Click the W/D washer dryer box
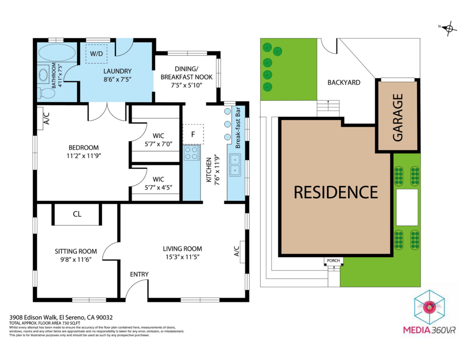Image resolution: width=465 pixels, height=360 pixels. pyautogui.click(x=96, y=54)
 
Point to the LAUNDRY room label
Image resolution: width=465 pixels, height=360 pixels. pyautogui.click(x=117, y=71)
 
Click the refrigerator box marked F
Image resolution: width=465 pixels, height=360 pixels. pyautogui.click(x=193, y=134)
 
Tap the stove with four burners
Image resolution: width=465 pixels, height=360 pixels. pyautogui.click(x=192, y=153)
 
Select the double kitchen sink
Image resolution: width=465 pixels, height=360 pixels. pyautogui.click(x=235, y=165)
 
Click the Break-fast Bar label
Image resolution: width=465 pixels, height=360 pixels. pyautogui.click(x=237, y=128)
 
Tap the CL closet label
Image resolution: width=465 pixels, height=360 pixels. pyautogui.click(x=77, y=214)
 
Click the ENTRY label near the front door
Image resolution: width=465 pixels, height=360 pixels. pyautogui.click(x=139, y=274)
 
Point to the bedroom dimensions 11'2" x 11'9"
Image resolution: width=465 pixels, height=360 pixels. pyautogui.click(x=84, y=155)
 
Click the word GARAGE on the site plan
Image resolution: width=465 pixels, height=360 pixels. pyautogui.click(x=398, y=118)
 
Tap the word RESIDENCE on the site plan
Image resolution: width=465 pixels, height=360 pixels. pyautogui.click(x=336, y=192)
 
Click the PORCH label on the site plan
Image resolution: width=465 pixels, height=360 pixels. pyautogui.click(x=333, y=261)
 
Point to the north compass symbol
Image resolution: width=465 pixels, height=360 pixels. pyautogui.click(x=450, y=29)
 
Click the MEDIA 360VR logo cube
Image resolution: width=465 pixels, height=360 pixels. pyautogui.click(x=428, y=307)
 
